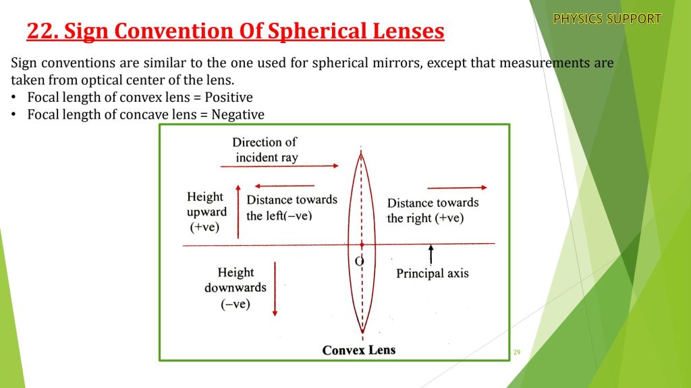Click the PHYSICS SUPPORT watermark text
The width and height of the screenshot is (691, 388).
coord(607,19)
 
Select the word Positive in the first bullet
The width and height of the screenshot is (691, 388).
coord(229,97)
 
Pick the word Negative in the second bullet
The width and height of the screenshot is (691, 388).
coord(238,115)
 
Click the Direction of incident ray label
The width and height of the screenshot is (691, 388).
coord(265,150)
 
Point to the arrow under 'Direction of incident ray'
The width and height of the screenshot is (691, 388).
coord(279,166)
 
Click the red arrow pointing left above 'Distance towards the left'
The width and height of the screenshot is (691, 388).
coord(285,186)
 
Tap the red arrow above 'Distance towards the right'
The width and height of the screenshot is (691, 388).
coord(457,188)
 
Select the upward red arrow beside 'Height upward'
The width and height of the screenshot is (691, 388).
coord(238,212)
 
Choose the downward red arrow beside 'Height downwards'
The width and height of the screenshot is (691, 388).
coord(275,289)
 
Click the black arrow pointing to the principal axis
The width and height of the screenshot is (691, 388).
coord(431,255)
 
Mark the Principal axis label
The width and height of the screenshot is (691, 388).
coord(433,273)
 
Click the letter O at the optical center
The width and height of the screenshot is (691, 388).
coord(360,262)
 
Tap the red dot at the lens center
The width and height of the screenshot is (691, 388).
coord(362,245)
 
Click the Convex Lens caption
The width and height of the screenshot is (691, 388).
coord(359,350)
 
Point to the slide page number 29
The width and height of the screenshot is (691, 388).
coord(517,352)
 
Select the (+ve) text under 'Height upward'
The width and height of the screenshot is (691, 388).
coord(204,228)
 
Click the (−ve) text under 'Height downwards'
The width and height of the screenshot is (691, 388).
coord(236,304)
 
